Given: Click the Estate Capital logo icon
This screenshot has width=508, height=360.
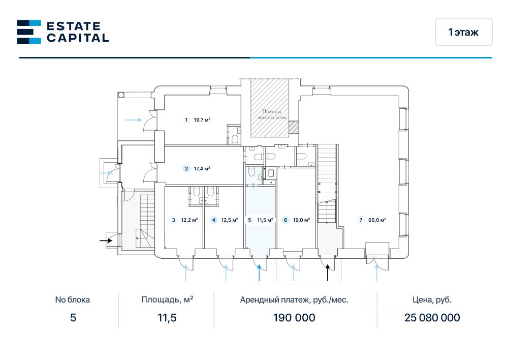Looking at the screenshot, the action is coord(29,32).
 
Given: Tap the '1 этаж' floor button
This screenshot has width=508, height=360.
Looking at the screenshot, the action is coord(463,32).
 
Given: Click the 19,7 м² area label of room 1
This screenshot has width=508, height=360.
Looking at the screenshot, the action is coord(202,120).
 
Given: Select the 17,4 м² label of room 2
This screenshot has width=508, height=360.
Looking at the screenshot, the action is coord(202,169).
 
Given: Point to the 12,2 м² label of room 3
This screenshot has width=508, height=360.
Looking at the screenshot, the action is coord(189,220).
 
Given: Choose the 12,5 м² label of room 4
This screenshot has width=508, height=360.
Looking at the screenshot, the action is coord(230,220).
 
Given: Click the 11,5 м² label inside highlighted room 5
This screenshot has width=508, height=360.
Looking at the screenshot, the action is coord(265,220).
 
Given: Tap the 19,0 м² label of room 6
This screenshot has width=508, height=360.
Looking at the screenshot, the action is coord(301,220).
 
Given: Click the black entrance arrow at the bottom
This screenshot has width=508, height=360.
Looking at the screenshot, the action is coord(328,273).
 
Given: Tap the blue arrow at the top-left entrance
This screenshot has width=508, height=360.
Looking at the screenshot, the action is coord(133,120).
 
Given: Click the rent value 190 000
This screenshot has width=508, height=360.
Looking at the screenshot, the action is coord(294,318).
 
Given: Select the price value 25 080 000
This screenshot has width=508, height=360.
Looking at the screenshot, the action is coord(432,318).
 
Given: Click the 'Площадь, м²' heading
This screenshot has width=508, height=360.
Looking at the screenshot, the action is coord(167,299).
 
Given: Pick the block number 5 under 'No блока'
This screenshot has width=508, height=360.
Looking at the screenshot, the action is coord(73,318).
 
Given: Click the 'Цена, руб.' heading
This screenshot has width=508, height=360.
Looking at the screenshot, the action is coord(432,299).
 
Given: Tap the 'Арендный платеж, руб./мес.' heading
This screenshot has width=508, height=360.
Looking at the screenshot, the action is coord(294,299).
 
